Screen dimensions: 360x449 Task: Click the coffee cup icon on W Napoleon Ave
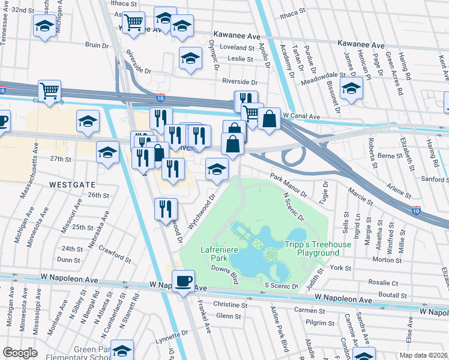(184, 280)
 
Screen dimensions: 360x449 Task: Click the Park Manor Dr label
(288, 185)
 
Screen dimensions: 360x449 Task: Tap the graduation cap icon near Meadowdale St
(352, 88)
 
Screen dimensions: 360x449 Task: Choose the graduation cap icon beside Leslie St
(190, 58)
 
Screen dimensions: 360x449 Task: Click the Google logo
(20, 352)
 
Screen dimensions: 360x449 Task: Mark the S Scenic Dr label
(281, 287)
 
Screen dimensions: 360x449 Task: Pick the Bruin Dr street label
(96, 44)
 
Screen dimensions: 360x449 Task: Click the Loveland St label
(238, 47)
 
